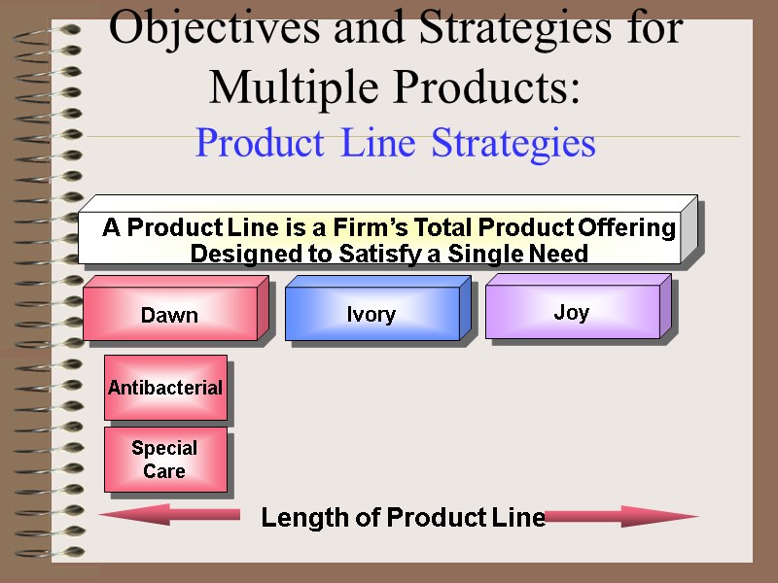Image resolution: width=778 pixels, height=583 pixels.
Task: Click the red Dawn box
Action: pyautogui.click(x=170, y=314)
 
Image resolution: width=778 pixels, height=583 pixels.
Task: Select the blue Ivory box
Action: pyautogui.click(x=371, y=314)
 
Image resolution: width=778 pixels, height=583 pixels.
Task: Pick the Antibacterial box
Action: pyautogui.click(x=165, y=388)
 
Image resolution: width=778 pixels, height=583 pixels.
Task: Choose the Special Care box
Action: pyautogui.click(x=165, y=460)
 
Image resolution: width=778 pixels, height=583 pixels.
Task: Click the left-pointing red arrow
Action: pyautogui.click(x=169, y=515)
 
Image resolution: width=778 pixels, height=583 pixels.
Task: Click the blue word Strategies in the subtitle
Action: pyautogui.click(x=513, y=144)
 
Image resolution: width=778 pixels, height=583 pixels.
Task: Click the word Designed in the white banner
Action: pyautogui.click(x=236, y=254)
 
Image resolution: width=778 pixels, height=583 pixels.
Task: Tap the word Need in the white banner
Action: pyautogui.click(x=560, y=254)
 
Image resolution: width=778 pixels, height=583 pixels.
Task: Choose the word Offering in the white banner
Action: pyautogui.click(x=626, y=228)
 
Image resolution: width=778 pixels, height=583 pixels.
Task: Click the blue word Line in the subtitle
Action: pyautogui.click(x=380, y=144)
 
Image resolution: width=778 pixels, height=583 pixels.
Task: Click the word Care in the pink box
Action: pyautogui.click(x=164, y=471)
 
